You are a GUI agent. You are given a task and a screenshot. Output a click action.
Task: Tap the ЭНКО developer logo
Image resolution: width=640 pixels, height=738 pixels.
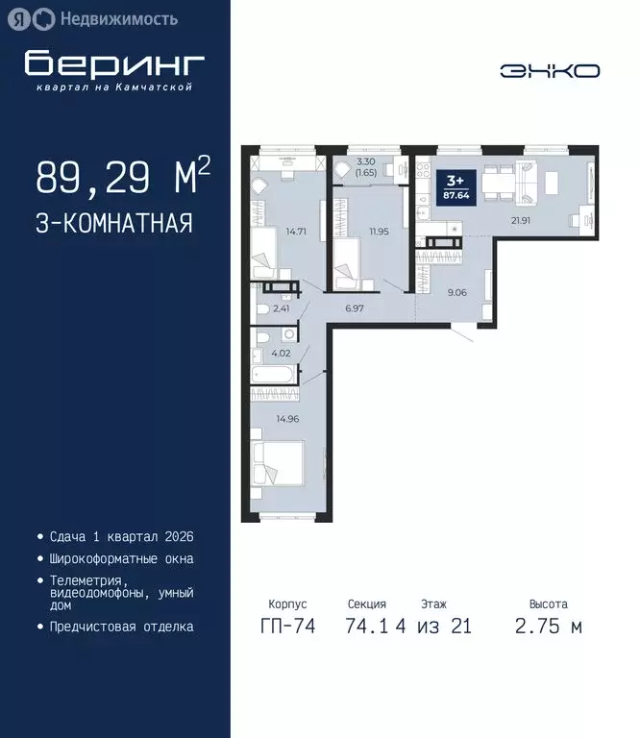(x=550, y=71)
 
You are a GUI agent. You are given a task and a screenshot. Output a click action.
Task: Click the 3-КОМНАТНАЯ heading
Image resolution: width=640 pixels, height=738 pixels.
(x=113, y=224)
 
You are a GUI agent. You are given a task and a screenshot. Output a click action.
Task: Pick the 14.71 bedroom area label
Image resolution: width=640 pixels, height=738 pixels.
(x=294, y=232)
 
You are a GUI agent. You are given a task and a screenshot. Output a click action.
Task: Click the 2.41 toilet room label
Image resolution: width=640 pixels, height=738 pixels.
(x=281, y=308)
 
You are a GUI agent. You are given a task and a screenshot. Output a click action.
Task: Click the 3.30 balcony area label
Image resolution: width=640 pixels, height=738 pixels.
(x=364, y=162)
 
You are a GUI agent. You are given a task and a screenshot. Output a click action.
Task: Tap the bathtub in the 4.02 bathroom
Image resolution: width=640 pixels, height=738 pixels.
(x=272, y=375)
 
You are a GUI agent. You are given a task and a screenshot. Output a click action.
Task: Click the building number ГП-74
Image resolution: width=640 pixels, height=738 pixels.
(x=286, y=627)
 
